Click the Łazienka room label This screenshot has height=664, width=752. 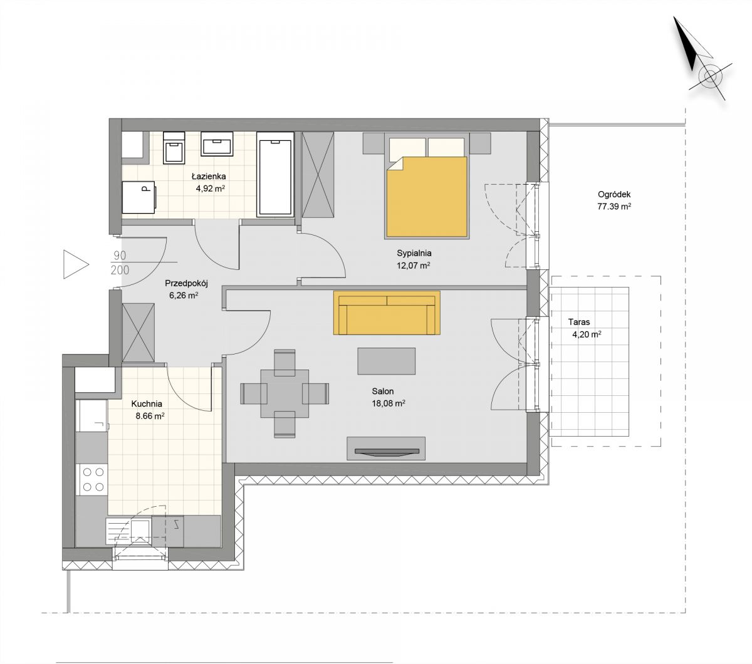(x=209, y=176)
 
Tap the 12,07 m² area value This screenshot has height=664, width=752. (x=414, y=266)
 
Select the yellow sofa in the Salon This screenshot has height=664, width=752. (x=387, y=313)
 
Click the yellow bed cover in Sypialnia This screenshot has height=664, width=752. (x=427, y=196)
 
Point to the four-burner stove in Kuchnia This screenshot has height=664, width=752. (x=93, y=479)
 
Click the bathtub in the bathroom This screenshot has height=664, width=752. (x=275, y=174)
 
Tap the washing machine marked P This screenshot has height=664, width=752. (x=138, y=197)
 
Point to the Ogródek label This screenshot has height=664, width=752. (x=614, y=194)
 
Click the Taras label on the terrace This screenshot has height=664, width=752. (x=578, y=322)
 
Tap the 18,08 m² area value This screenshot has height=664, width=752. (x=389, y=403)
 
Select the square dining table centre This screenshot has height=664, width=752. (x=285, y=393)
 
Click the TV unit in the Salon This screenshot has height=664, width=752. (x=386, y=449)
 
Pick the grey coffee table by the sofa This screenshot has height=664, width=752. (x=387, y=361)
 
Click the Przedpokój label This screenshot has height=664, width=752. (x=186, y=284)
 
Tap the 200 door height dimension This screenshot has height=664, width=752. (x=120, y=270)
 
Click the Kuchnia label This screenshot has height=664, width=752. (x=147, y=404)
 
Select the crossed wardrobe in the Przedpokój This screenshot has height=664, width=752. (x=138, y=333)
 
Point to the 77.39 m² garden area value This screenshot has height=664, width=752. (x=614, y=206)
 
